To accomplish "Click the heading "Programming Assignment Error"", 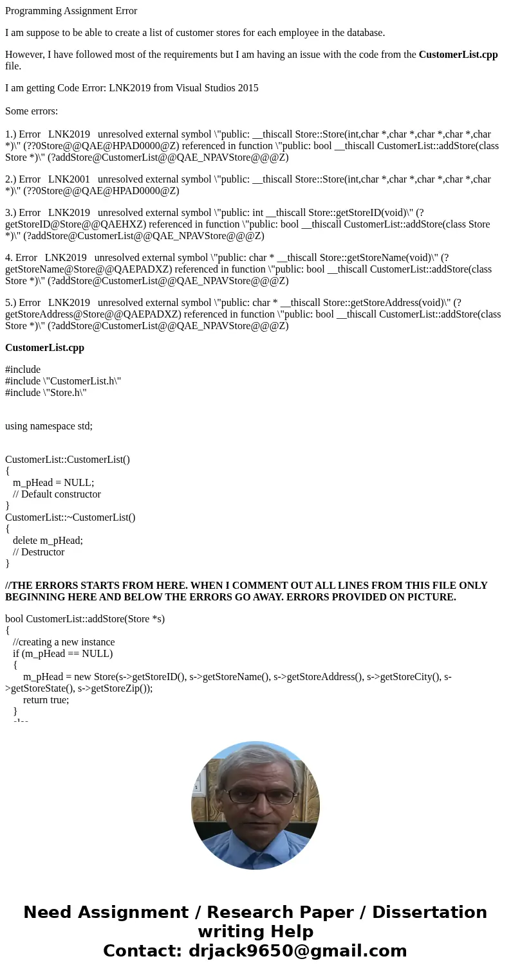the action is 71,11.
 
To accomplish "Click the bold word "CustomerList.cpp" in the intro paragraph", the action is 458,55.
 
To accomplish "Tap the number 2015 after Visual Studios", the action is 247,88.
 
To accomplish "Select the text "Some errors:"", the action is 32,111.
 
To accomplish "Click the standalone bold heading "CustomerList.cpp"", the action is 44,348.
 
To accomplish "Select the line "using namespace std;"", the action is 49,426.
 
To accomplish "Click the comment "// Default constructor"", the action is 57,494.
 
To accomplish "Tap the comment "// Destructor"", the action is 39,552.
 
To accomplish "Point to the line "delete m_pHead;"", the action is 48,541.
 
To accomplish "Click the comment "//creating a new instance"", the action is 64,642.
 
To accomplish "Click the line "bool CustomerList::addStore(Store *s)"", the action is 85,619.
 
